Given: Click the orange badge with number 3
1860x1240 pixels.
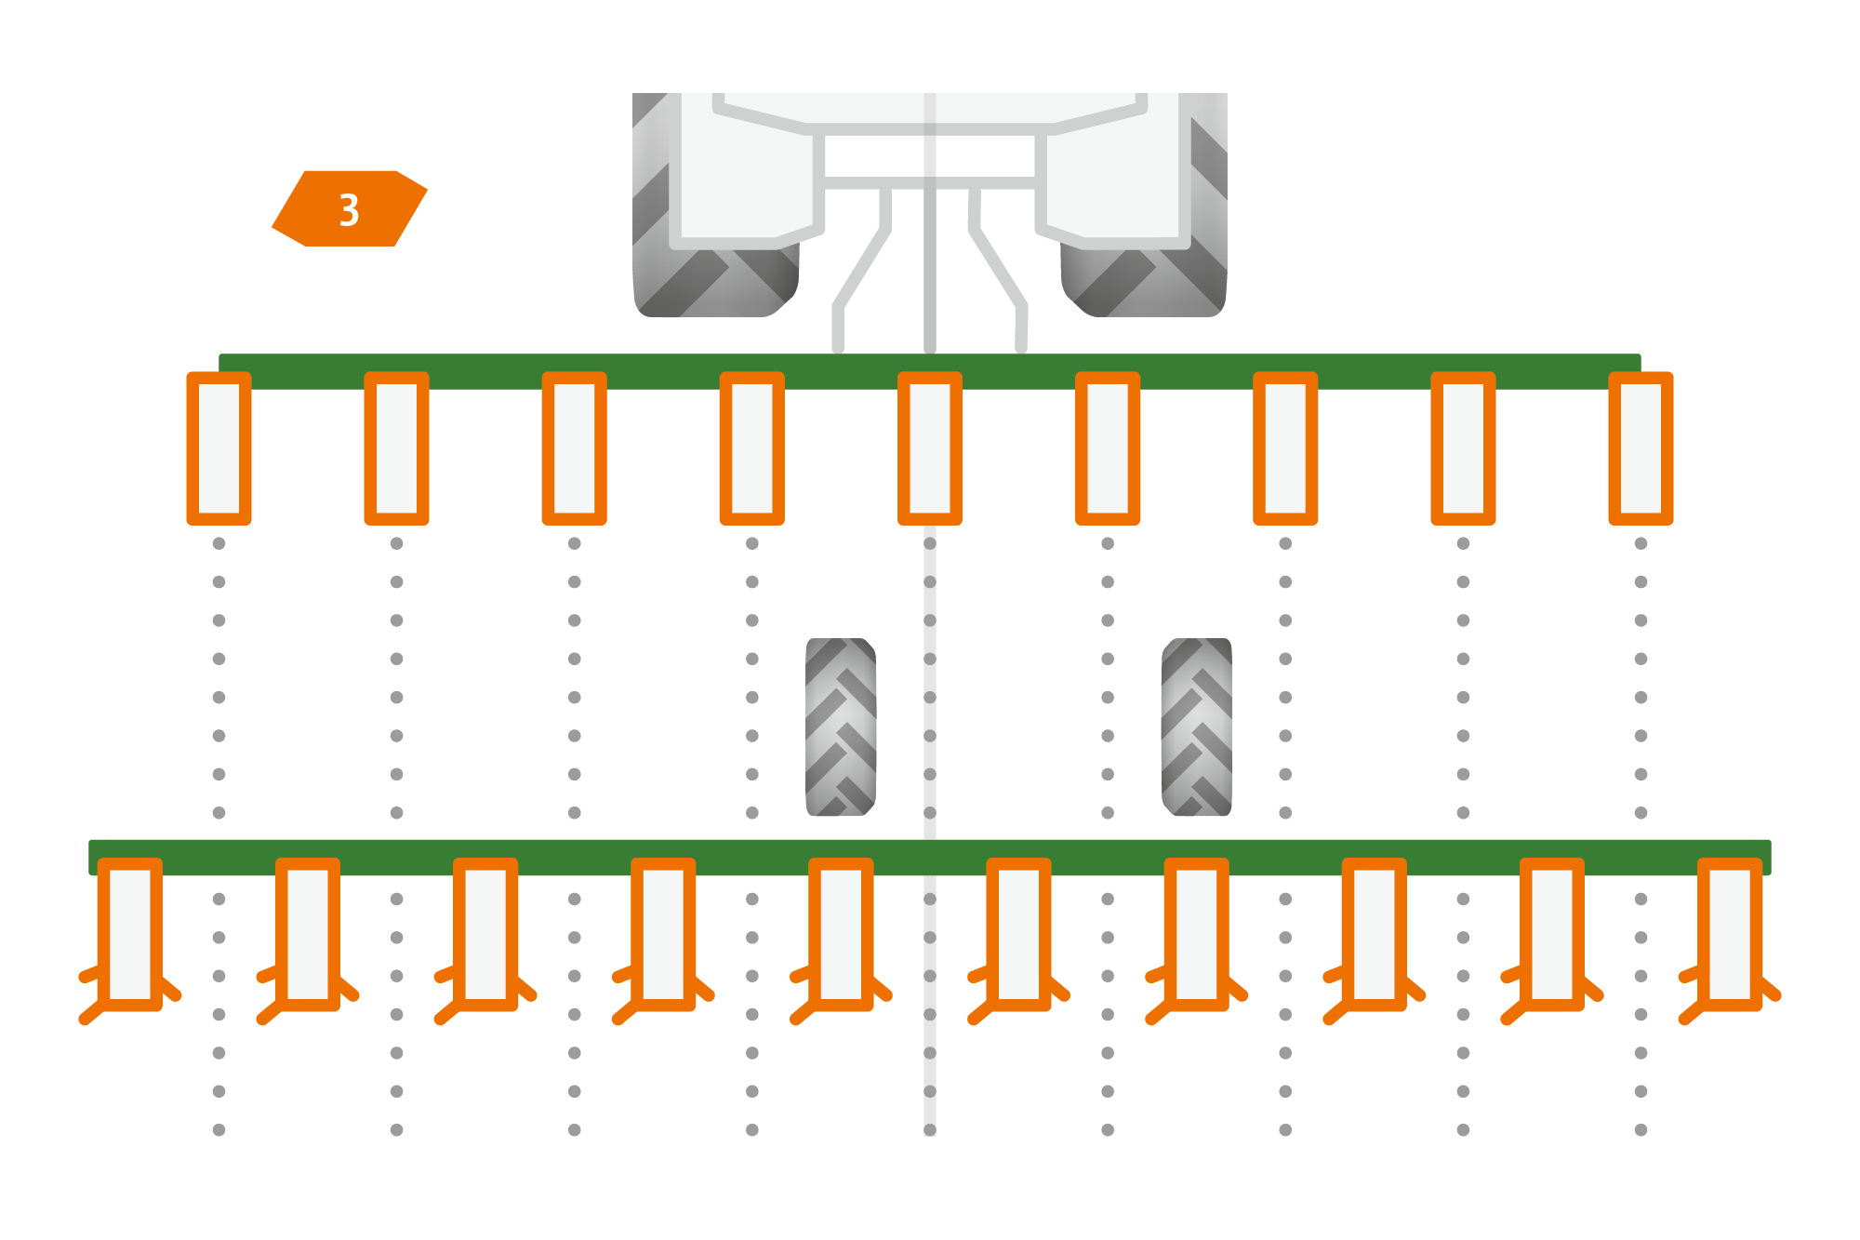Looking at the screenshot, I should pos(350,208).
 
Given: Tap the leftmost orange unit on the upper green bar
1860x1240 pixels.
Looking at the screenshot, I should pos(219,448).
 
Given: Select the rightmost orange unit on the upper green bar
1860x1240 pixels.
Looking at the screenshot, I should pos(1641,448).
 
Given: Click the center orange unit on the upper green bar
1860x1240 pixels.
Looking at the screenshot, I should pos(930,448).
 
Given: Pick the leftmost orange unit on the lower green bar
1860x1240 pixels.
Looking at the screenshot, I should pos(130,934).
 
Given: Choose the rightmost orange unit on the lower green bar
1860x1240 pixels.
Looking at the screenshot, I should pos(1730,934).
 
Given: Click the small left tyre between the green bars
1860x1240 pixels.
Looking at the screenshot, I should pos(841,727).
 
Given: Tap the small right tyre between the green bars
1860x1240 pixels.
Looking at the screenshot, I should pos(1197,727).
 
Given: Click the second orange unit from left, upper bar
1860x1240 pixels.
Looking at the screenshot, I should pos(396,448).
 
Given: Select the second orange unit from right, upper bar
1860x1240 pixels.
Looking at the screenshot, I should pos(1463,448).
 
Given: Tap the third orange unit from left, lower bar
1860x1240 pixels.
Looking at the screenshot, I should pos(485,934).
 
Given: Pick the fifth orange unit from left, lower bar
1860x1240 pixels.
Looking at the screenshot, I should pos(841,934).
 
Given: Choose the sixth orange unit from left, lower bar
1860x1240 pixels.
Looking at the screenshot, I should pos(1018,934).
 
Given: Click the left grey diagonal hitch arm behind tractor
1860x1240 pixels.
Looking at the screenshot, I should pos(861,270).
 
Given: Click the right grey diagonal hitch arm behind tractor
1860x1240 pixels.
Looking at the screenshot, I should pos(999,270).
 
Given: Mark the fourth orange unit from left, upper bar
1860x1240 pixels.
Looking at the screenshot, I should pos(752,448).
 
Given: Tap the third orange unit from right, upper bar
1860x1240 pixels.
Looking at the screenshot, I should pos(1285,448).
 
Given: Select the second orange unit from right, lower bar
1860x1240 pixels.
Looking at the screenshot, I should pos(1552,934).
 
